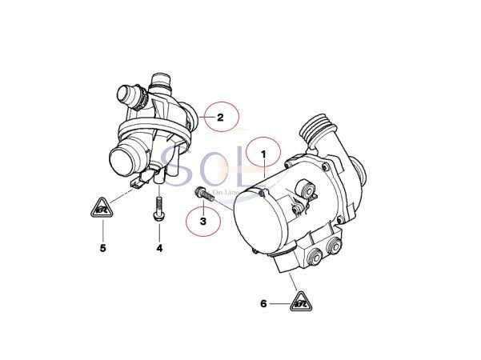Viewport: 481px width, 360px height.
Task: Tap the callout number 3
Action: point(203,221)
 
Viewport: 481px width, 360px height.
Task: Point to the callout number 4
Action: point(158,249)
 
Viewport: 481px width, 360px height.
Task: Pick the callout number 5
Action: point(102,249)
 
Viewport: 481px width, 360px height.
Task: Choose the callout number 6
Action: point(263,303)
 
